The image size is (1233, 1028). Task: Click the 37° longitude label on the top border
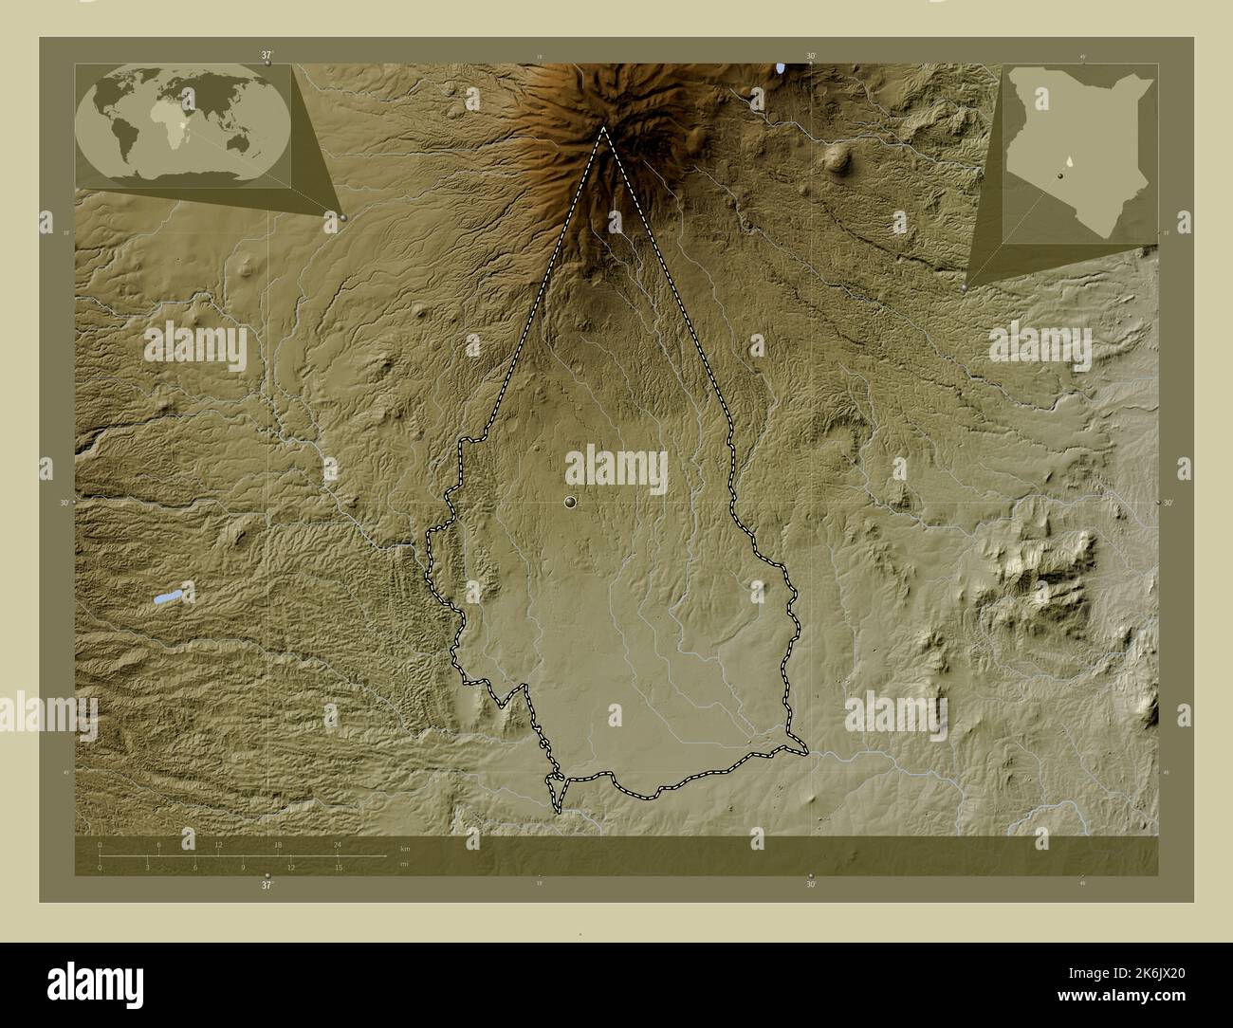[267, 56]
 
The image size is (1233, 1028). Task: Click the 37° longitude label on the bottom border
[267, 884]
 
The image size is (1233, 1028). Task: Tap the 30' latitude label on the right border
[1168, 503]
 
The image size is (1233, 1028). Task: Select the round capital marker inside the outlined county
[570, 501]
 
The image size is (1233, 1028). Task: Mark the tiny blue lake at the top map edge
[780, 68]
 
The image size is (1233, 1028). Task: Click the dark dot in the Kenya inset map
[1059, 174]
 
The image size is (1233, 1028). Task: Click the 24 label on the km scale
[337, 844]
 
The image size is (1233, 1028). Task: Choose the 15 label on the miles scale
[338, 867]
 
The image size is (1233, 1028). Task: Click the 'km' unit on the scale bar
[404, 848]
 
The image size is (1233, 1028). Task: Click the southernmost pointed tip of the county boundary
[559, 812]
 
